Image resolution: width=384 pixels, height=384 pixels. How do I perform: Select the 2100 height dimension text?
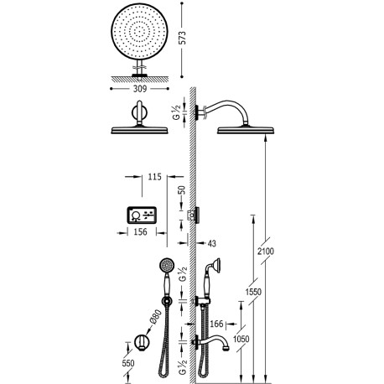(x=264, y=250)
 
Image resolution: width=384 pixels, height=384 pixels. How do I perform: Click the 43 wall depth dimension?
(x=213, y=242)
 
